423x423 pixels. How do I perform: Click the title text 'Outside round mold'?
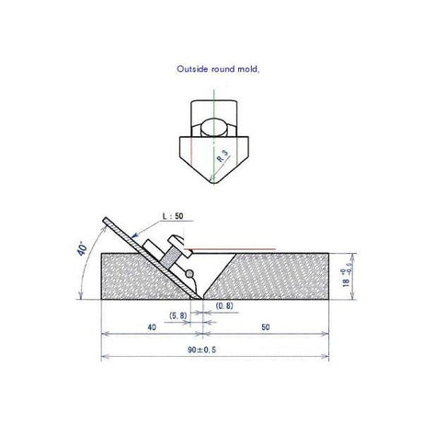tap(218, 69)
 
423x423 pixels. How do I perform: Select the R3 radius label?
tap(223, 157)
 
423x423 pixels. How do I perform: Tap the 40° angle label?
tap(83, 248)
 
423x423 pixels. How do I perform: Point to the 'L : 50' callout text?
tap(173, 216)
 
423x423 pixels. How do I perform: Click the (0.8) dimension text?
tap(224, 305)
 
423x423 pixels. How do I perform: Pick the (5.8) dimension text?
tap(178, 315)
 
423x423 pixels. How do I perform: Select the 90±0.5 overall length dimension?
tap(201, 349)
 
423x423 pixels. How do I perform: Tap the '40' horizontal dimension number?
tap(152, 327)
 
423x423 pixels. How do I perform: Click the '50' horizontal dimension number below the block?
tap(266, 327)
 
